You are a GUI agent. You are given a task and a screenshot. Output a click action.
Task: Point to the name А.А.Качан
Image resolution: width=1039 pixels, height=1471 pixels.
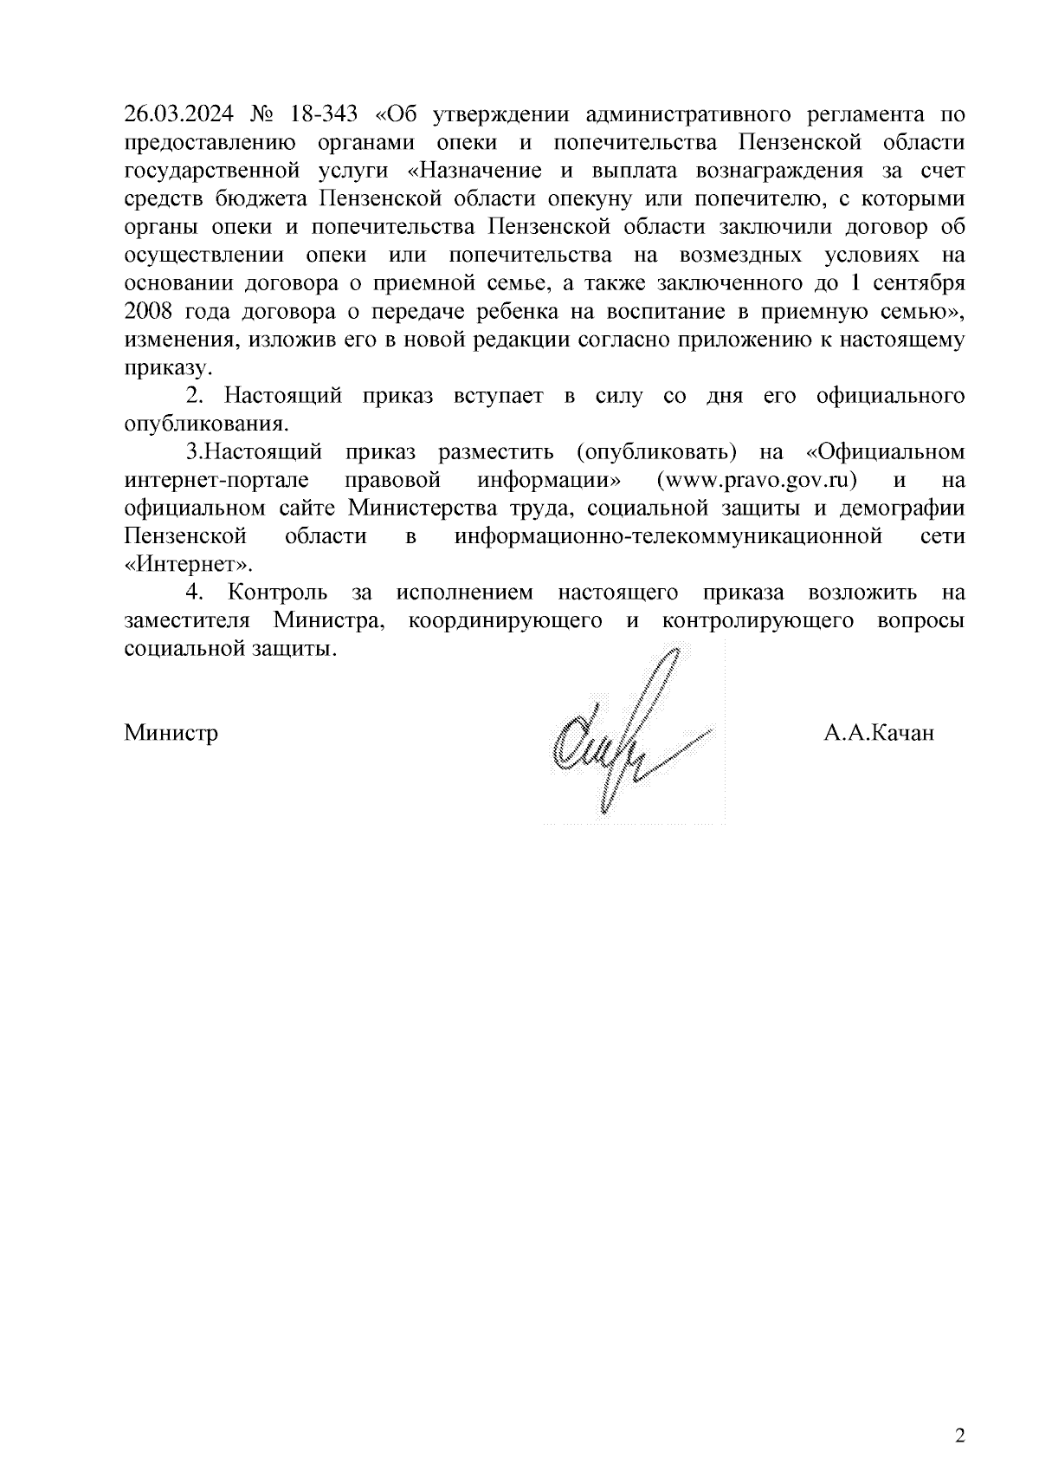879,735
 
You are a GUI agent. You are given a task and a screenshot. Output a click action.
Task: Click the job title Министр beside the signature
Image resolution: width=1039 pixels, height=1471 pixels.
171,735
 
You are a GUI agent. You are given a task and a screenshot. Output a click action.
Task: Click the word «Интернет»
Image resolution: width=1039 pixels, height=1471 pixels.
190,565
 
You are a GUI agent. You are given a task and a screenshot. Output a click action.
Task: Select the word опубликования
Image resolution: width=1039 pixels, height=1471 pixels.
205,424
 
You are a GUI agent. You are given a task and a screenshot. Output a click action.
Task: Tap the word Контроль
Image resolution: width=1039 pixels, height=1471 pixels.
278,593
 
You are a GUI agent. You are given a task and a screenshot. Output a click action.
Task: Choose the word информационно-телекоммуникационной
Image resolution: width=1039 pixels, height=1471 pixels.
668,536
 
